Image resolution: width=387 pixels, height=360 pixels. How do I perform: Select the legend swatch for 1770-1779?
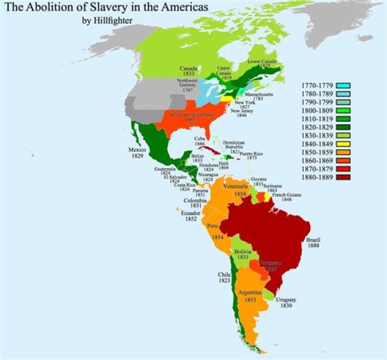(x=341, y=85)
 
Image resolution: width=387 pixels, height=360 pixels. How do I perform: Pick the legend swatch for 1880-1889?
(x=341, y=177)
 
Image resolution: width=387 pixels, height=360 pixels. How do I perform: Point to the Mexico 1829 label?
(x=137, y=152)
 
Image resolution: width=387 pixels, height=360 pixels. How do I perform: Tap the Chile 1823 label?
(x=225, y=277)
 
